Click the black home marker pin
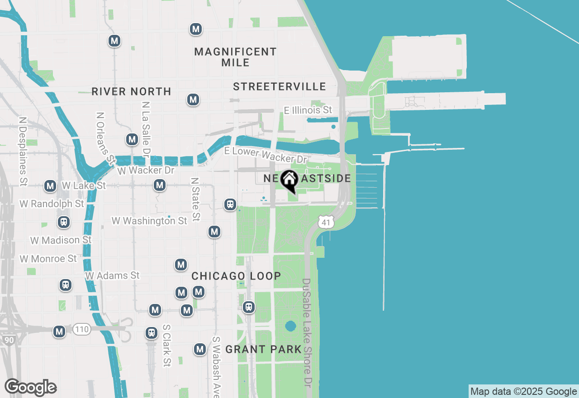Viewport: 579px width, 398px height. pos(289,180)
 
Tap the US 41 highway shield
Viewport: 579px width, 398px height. pos(326,221)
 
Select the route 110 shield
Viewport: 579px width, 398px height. pos(82,330)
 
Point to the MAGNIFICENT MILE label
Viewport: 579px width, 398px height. pos(235,57)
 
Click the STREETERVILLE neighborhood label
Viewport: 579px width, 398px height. pos(280,86)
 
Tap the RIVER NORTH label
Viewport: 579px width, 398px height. pos(131,91)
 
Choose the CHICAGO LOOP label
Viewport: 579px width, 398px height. pos(236,276)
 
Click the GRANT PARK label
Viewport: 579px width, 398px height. pos(263,349)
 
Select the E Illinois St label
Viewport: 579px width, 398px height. pos(308,110)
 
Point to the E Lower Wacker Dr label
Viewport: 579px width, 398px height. pos(266,155)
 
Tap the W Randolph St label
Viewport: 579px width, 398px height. pos(52,204)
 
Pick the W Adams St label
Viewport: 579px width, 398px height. pos(113,275)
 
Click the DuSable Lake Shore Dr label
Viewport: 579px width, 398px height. pos(307,332)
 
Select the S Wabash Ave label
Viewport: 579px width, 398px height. pos(217,365)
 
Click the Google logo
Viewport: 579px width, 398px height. pos(31,388)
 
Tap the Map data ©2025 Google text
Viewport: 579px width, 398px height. pos(523,392)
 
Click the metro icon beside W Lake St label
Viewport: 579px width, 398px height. pos(50,186)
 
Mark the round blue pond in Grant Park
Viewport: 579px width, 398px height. pos(290,326)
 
